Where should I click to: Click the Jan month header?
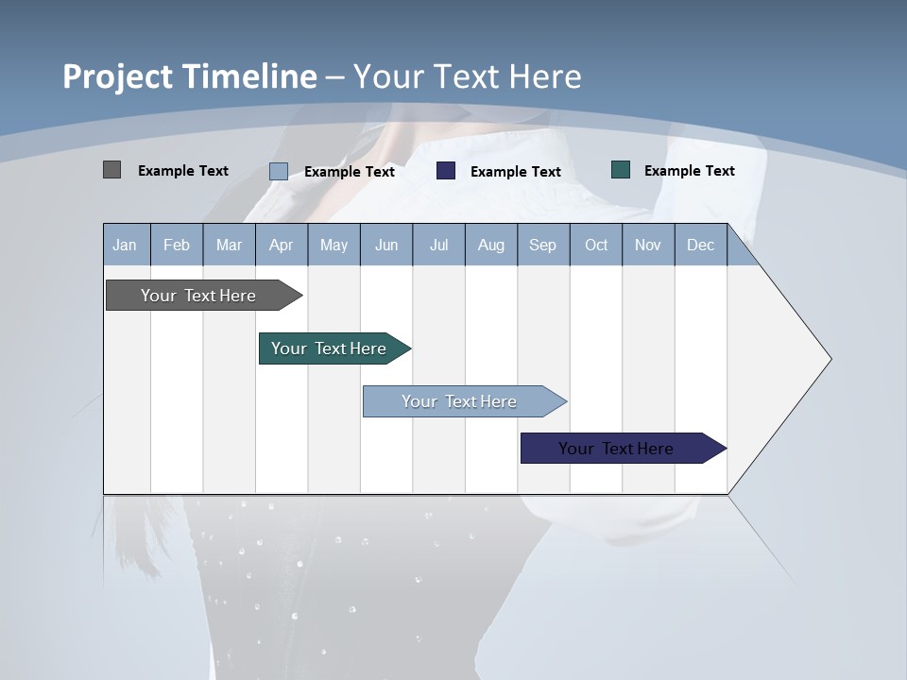pos(126,245)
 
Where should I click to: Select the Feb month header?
pos(177,245)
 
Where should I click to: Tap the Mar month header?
pos(229,245)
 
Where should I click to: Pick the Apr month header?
pos(282,245)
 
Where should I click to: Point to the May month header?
pos(334,245)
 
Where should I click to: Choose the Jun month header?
pos(386,245)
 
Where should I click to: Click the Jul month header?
pos(438,245)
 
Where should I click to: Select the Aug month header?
pos(491,245)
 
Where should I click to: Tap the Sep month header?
pos(543,245)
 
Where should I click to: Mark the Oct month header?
pos(596,245)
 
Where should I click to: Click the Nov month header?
pos(648,245)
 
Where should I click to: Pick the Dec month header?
pos(701,245)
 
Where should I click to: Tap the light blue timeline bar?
pos(460,401)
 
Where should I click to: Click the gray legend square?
pos(111,170)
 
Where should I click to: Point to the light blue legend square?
pos(279,171)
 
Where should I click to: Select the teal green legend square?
pos(621,170)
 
